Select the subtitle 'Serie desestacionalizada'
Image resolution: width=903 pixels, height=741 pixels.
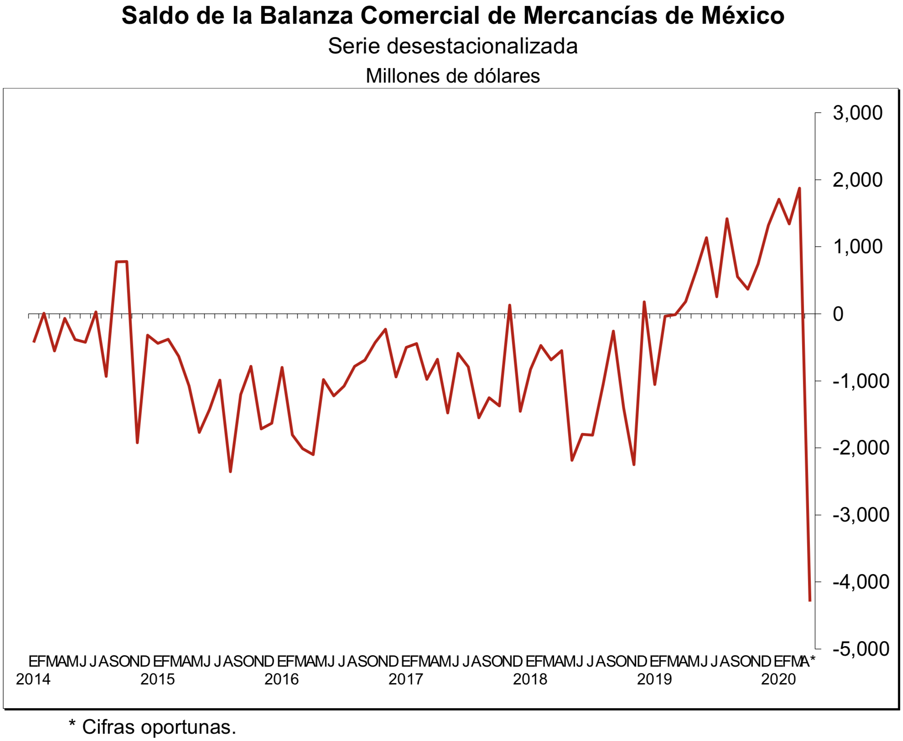click(452, 46)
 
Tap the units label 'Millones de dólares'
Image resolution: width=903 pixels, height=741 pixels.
click(452, 76)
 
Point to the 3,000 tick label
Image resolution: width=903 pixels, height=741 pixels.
click(857, 113)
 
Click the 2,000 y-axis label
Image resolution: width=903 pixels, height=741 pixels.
click(857, 180)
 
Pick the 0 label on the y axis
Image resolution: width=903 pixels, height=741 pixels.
click(838, 314)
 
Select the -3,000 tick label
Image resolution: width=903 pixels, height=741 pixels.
click(860, 515)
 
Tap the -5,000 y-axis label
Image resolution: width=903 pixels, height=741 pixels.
click(860, 648)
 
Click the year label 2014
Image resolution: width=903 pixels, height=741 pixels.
click(33, 679)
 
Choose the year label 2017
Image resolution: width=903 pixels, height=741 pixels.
click(406, 679)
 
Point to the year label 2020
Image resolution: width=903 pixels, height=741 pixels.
click(778, 679)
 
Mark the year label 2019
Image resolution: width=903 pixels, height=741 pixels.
click(654, 679)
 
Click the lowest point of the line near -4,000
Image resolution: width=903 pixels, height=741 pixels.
click(810, 600)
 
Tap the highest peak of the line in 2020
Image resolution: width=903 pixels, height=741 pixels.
click(799, 188)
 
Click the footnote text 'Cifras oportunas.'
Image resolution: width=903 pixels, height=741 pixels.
click(159, 727)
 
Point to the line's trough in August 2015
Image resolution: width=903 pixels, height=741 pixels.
click(230, 471)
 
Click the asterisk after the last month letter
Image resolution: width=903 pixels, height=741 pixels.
click(812, 660)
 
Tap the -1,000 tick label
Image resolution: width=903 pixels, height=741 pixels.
click(860, 381)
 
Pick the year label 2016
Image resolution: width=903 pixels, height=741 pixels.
click(282, 679)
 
